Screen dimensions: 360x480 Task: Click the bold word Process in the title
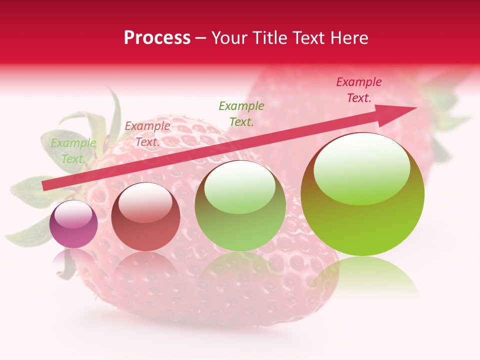(157, 38)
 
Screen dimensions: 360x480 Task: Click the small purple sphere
(73, 224)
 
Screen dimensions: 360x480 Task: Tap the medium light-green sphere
(240, 206)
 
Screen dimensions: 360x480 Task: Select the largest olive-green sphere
(362, 194)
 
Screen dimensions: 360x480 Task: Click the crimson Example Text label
(358, 90)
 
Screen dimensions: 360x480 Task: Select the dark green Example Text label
(241, 113)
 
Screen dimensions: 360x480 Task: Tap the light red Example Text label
(147, 134)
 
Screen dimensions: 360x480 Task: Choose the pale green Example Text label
(73, 151)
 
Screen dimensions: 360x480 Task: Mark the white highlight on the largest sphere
(361, 168)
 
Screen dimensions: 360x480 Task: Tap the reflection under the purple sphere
(73, 258)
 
